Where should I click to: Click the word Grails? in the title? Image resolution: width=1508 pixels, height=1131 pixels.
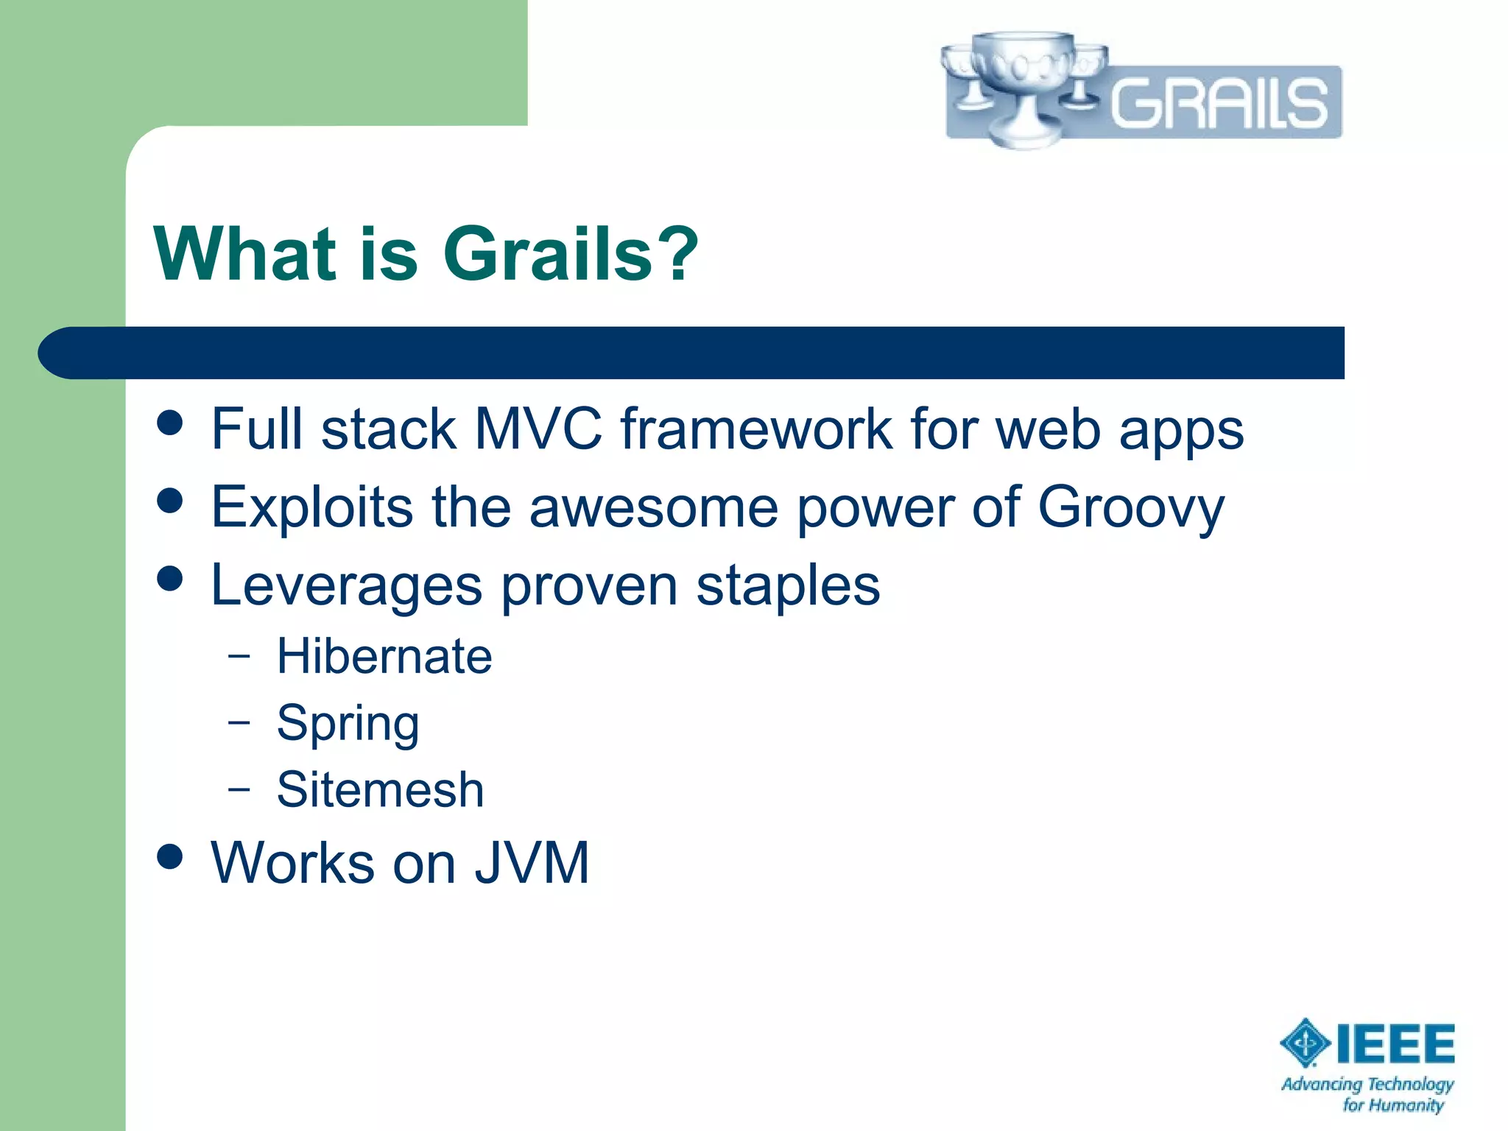tap(571, 254)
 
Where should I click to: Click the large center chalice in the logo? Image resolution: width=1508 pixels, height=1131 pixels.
tap(1023, 85)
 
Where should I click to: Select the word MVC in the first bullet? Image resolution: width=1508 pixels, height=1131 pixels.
tap(538, 429)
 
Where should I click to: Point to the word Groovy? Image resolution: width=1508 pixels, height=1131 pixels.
tap(1131, 508)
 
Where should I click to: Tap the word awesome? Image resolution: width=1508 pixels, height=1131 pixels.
tap(654, 508)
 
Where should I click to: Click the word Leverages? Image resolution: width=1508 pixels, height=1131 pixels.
tap(346, 585)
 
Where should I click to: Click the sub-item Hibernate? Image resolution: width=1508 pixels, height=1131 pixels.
tap(384, 656)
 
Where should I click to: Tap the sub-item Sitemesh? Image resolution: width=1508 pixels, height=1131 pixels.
tap(381, 790)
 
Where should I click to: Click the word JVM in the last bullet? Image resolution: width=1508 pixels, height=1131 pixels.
tap(532, 863)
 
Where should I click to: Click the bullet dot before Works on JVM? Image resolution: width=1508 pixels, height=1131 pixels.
tap(170, 857)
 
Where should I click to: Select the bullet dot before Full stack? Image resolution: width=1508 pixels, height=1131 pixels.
tap(170, 423)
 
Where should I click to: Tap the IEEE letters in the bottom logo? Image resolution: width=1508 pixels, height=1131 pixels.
tap(1395, 1044)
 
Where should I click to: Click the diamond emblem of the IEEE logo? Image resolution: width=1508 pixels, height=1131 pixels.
tap(1306, 1043)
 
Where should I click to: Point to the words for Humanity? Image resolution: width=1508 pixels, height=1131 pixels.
tap(1393, 1104)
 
